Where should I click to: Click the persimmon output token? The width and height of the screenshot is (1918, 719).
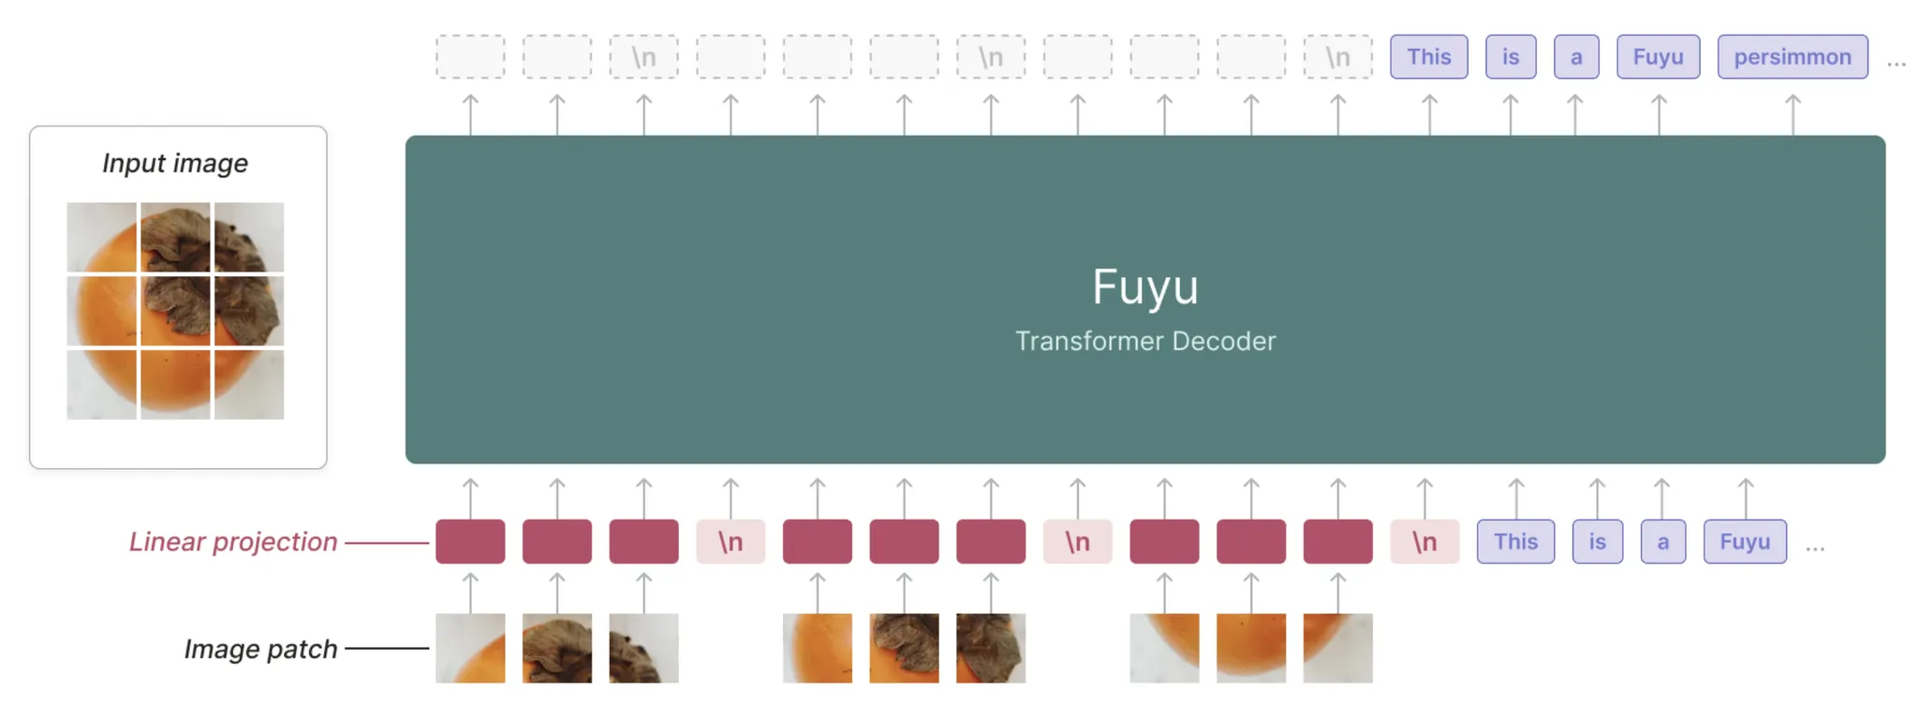1792,57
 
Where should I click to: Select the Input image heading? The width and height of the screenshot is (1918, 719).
175,163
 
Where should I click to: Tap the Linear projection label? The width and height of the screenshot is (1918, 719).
233,542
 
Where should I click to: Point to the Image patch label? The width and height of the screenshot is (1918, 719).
260,649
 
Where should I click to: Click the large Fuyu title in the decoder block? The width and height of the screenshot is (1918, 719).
1144,286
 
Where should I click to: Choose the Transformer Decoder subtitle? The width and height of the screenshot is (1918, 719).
1144,341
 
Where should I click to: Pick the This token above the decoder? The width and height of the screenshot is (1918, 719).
1428,57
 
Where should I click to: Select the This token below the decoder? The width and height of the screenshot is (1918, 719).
1515,542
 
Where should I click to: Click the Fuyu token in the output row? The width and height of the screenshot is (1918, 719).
1658,57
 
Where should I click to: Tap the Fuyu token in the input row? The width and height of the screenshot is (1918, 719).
1744,542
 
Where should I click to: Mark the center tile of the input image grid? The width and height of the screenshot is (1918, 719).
175,311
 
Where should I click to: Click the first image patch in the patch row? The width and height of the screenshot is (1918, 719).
470,648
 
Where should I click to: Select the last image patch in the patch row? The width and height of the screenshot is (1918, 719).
1337,648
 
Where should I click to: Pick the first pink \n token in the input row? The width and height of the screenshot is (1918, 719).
730,542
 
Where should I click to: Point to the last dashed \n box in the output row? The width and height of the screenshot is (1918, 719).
1337,57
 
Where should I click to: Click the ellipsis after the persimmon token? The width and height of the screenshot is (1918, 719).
1896,64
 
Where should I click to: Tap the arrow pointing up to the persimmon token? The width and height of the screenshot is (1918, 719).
1792,114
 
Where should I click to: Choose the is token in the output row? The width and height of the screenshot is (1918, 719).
1511,57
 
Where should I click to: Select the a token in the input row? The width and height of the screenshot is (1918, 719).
1662,542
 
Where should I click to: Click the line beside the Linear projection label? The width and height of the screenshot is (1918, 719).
387,542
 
